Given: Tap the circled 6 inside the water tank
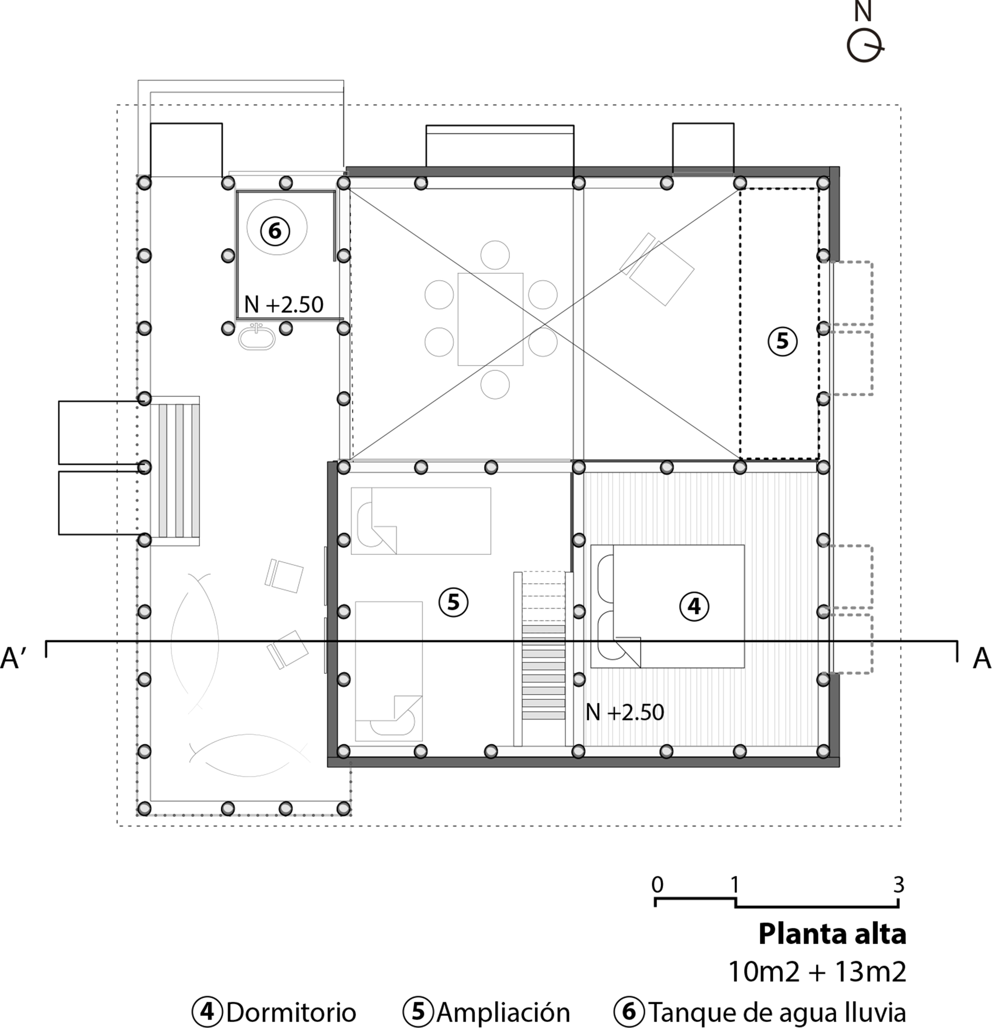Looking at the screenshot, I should click(275, 230).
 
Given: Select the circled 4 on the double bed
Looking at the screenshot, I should click(693, 606).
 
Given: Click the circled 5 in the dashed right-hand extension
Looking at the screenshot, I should click(782, 341).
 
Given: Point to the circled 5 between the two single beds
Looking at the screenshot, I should click(453, 602).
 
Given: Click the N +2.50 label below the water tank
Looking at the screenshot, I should click(284, 304).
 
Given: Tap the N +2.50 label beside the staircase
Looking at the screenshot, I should click(624, 712).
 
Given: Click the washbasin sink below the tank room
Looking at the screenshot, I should click(256, 337).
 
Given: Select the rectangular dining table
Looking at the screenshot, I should click(490, 319).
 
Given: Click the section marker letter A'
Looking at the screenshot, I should click(17, 659).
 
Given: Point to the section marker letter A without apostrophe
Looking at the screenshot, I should click(981, 659).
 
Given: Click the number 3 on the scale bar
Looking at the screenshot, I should click(899, 885).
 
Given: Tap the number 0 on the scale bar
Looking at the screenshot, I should click(657, 885).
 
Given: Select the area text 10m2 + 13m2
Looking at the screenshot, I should click(817, 972).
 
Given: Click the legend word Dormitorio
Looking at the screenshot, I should click(291, 1012).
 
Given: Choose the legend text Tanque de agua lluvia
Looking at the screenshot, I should click(777, 1012).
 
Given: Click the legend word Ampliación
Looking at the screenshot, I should click(502, 1012).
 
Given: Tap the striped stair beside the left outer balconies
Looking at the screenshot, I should click(179, 471).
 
